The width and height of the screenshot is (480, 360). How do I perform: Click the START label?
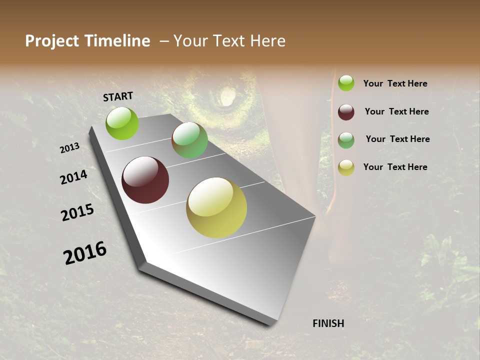pyautogui.click(x=118, y=96)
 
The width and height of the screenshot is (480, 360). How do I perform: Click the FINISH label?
pyautogui.click(x=328, y=323)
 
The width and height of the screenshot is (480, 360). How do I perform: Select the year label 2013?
pyautogui.click(x=69, y=148)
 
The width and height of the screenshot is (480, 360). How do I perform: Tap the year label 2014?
pyautogui.click(x=73, y=177)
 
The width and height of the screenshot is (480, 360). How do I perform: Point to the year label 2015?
pyautogui.click(x=77, y=212)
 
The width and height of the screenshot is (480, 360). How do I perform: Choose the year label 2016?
pyautogui.click(x=85, y=253)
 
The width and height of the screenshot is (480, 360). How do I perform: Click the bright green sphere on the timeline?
pyautogui.click(x=122, y=123)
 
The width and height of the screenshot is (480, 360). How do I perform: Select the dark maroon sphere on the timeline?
pyautogui.click(x=145, y=180)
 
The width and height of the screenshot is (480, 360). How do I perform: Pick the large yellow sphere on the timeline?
pyautogui.click(x=216, y=207)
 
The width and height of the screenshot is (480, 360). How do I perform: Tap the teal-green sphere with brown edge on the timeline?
pyautogui.click(x=189, y=140)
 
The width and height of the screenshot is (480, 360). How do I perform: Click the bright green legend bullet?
pyautogui.click(x=346, y=83)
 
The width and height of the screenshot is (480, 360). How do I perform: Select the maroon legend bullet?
pyautogui.click(x=346, y=111)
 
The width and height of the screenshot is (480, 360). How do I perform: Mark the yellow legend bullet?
pyautogui.click(x=346, y=167)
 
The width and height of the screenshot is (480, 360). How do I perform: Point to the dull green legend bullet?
pyautogui.click(x=346, y=139)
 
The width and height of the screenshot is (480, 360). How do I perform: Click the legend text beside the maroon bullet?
pyautogui.click(x=396, y=111)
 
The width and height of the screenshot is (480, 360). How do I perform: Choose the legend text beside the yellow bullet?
pyautogui.click(x=395, y=167)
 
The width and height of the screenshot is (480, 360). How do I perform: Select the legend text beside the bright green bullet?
pyautogui.click(x=395, y=83)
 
